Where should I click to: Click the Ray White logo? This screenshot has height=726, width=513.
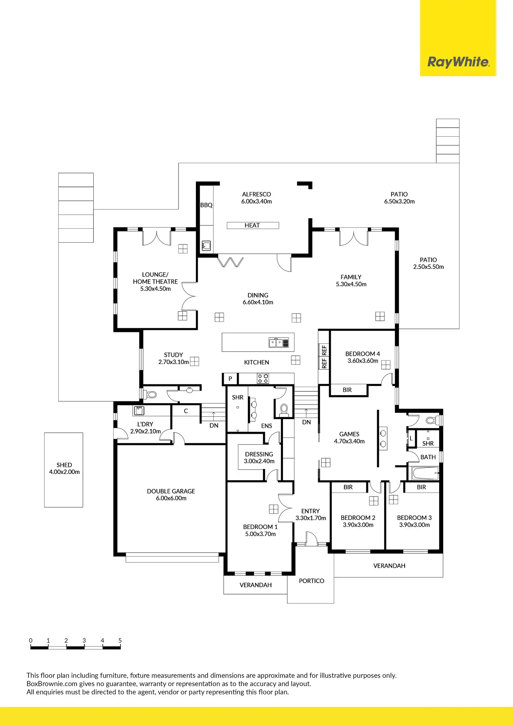[458, 62]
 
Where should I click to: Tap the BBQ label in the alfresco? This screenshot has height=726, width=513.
[206, 205]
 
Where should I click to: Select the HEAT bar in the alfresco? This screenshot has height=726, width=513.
[253, 226]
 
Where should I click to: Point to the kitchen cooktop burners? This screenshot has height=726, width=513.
[263, 378]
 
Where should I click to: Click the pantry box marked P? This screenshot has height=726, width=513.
[230, 379]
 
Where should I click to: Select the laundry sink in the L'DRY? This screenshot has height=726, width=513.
[139, 410]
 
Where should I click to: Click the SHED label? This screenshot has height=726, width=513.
[64, 465]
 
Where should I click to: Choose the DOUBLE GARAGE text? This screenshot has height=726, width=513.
[171, 491]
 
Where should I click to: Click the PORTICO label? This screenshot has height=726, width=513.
[311, 581]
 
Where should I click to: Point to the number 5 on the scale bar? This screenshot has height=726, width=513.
[120, 640]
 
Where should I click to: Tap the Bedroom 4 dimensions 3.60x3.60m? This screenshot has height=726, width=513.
[362, 361]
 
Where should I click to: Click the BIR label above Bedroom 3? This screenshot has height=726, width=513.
[421, 487]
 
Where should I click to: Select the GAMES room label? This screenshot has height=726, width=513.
[349, 434]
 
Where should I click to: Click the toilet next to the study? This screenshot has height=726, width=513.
[151, 395]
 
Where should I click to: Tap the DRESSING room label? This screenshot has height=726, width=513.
[259, 454]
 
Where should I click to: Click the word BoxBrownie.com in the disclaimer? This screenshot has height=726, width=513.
[52, 684]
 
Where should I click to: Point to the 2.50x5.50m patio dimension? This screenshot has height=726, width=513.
[428, 267]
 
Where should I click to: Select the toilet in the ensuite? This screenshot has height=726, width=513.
[284, 409]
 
